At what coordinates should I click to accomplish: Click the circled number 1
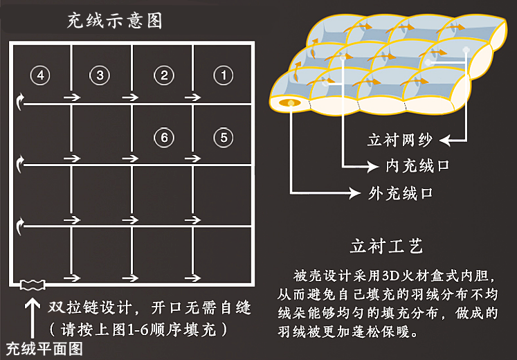(x=223, y=75)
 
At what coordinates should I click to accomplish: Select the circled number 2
(x=163, y=75)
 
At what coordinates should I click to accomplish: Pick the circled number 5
(x=223, y=137)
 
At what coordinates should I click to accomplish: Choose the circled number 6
(x=163, y=137)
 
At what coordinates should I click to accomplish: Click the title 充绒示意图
(x=114, y=20)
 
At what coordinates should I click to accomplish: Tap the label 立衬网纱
(x=399, y=141)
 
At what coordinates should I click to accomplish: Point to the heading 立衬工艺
(x=386, y=246)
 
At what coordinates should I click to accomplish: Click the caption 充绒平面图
(x=44, y=348)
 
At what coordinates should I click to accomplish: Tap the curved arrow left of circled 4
(x=20, y=103)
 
